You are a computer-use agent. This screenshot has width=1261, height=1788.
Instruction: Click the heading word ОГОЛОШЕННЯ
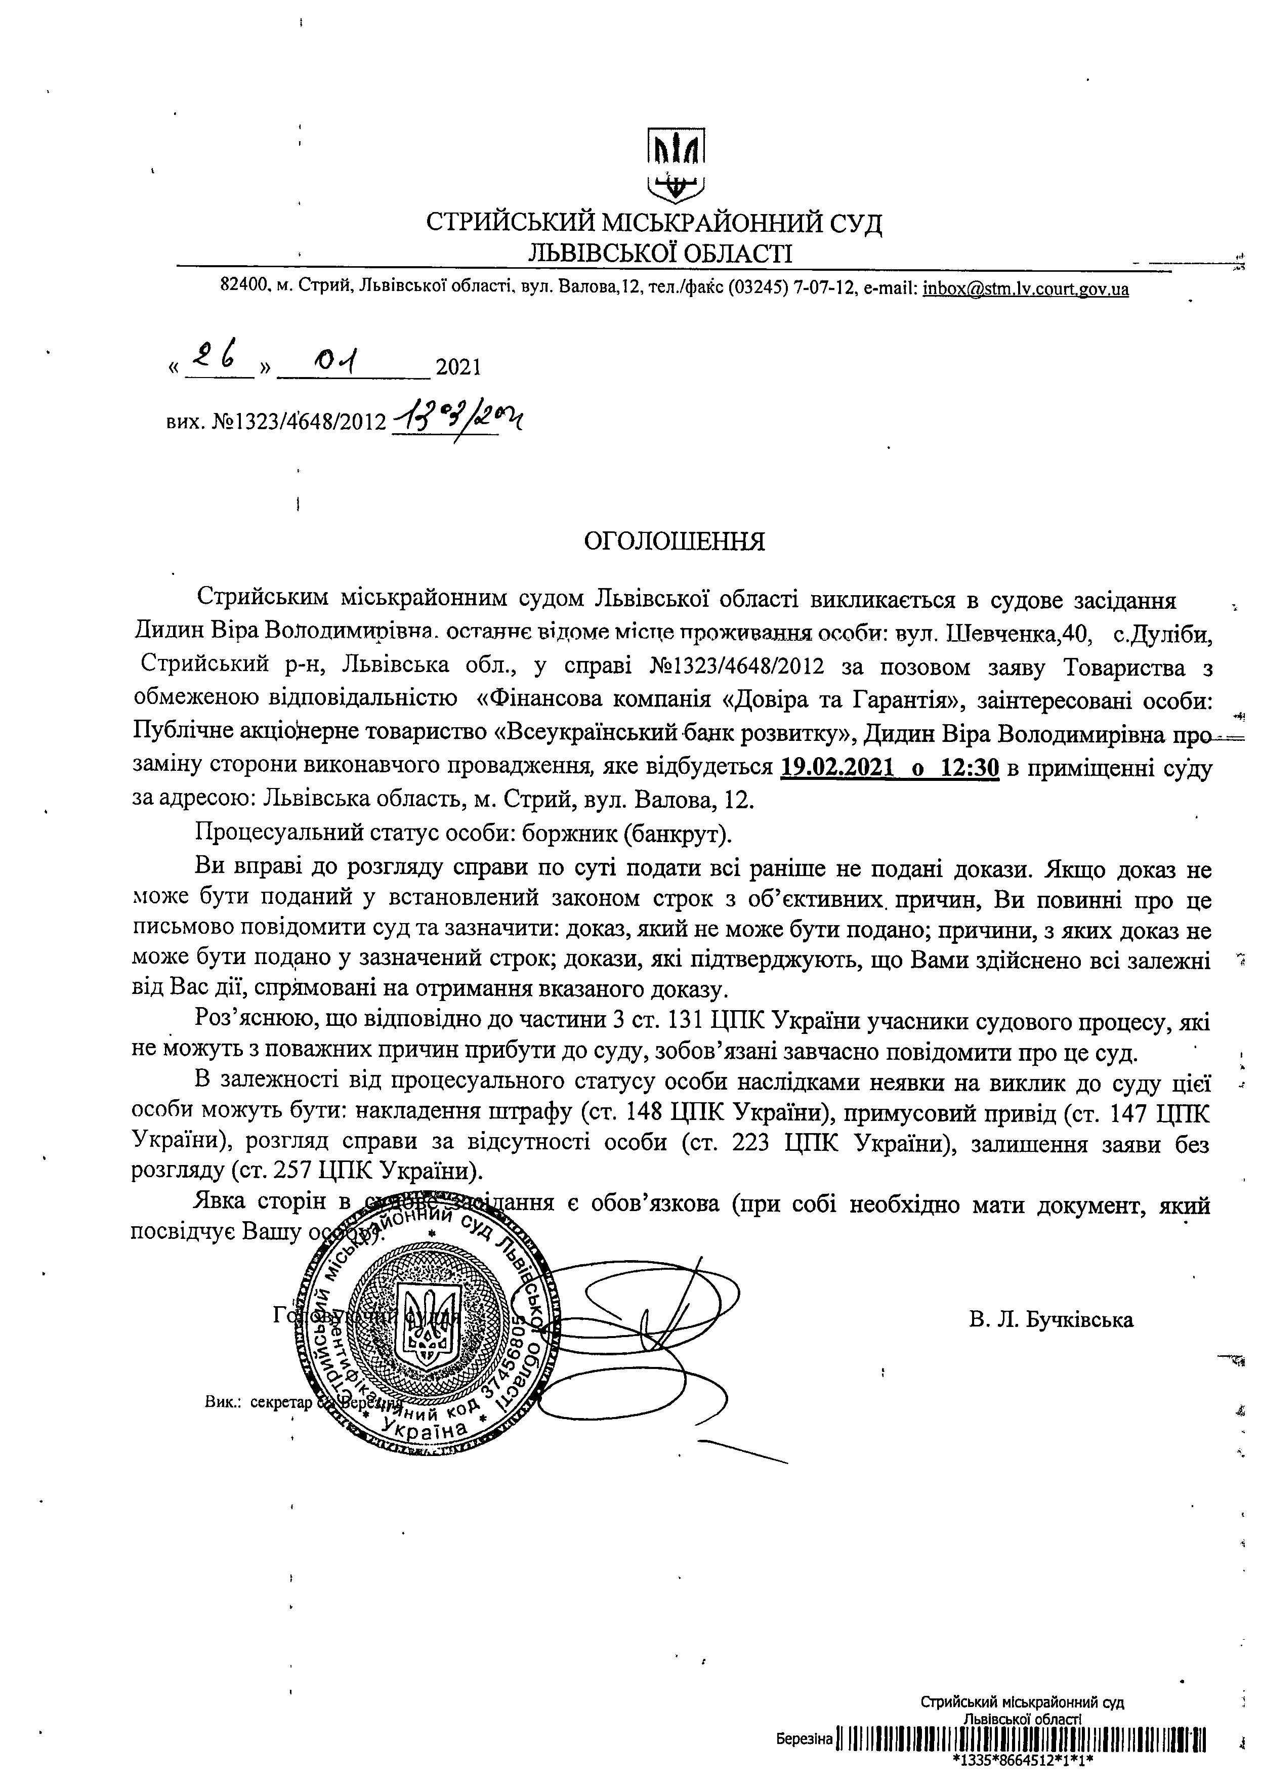[x=675, y=541]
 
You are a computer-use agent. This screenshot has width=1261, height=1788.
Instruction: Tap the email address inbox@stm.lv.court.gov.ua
[x=1025, y=289]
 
